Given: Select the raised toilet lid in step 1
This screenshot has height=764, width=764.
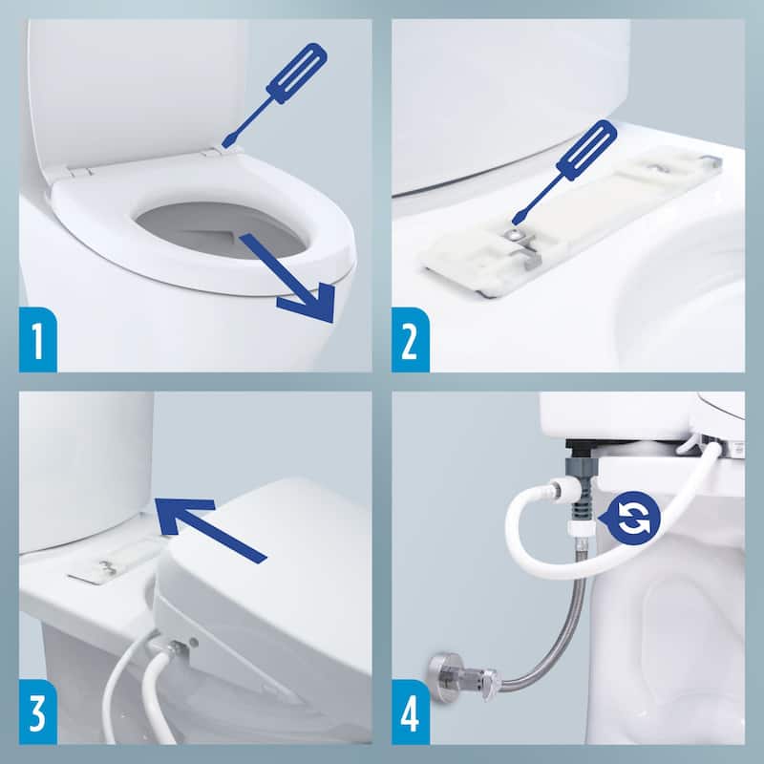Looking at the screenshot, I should click(134, 86).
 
